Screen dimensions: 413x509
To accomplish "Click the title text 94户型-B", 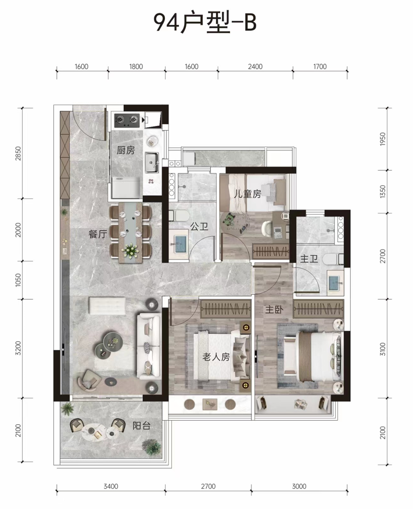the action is [205, 21].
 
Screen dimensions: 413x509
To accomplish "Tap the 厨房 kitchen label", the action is [125, 150].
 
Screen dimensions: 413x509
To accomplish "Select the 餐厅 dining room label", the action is [98, 234].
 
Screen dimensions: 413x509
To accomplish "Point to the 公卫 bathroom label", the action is [199, 226].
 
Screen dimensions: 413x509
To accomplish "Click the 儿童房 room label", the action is [247, 194].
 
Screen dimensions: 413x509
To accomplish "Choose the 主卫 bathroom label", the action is [308, 259].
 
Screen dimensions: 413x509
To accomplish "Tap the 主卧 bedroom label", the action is [274, 309].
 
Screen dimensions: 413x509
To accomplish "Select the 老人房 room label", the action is [216, 357].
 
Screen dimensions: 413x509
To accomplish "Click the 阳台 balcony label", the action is [141, 425].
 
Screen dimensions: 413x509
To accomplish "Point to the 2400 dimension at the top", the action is [255, 67].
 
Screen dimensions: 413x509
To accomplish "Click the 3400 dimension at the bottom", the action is [111, 486].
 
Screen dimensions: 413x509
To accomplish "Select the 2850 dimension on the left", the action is [18, 153].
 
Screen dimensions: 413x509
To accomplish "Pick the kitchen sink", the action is [152, 163].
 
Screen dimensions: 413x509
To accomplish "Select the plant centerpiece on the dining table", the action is [131, 251].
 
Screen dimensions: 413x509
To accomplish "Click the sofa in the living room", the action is [149, 345].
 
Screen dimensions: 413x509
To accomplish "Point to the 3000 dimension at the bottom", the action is [299, 486].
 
